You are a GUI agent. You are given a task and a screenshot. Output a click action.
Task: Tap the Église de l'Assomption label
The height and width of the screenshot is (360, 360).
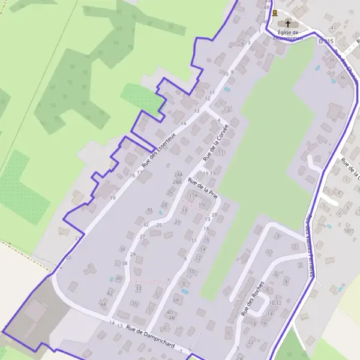[x=287, y=35]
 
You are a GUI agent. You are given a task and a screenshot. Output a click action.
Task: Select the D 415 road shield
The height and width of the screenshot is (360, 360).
[x=325, y=40]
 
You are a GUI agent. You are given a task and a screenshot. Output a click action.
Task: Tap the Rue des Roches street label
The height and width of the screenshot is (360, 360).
[x=252, y=298]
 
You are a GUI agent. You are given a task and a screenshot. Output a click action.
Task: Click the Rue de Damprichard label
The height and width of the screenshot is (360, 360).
[x=150, y=338]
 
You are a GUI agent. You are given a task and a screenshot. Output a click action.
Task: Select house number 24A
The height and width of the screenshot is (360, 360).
[x=178, y=174]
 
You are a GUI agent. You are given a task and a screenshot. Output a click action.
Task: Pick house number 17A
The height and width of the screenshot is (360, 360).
[x=193, y=196]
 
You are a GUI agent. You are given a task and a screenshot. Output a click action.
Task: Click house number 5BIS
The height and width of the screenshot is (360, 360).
[x=349, y=230]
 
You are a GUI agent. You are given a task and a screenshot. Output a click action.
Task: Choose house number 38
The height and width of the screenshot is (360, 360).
[x=125, y=263]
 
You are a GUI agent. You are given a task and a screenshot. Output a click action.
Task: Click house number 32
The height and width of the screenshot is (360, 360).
[x=146, y=224]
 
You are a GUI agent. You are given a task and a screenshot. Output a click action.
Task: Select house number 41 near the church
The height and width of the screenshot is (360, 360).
[x=333, y=28]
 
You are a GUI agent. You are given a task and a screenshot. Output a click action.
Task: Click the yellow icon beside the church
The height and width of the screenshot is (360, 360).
[x=275, y=13]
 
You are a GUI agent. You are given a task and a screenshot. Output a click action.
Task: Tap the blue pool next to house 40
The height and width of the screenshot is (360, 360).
[x=111, y=279]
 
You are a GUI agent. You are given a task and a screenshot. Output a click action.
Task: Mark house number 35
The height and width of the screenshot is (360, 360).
[x=134, y=304]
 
